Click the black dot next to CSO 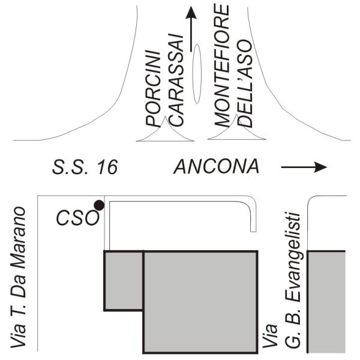click(99, 205)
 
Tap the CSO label click(77, 217)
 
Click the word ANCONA click(217, 167)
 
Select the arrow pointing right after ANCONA click(305, 167)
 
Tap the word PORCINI click(155, 87)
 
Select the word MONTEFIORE click(223, 65)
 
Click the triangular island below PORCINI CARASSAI click(165, 134)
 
